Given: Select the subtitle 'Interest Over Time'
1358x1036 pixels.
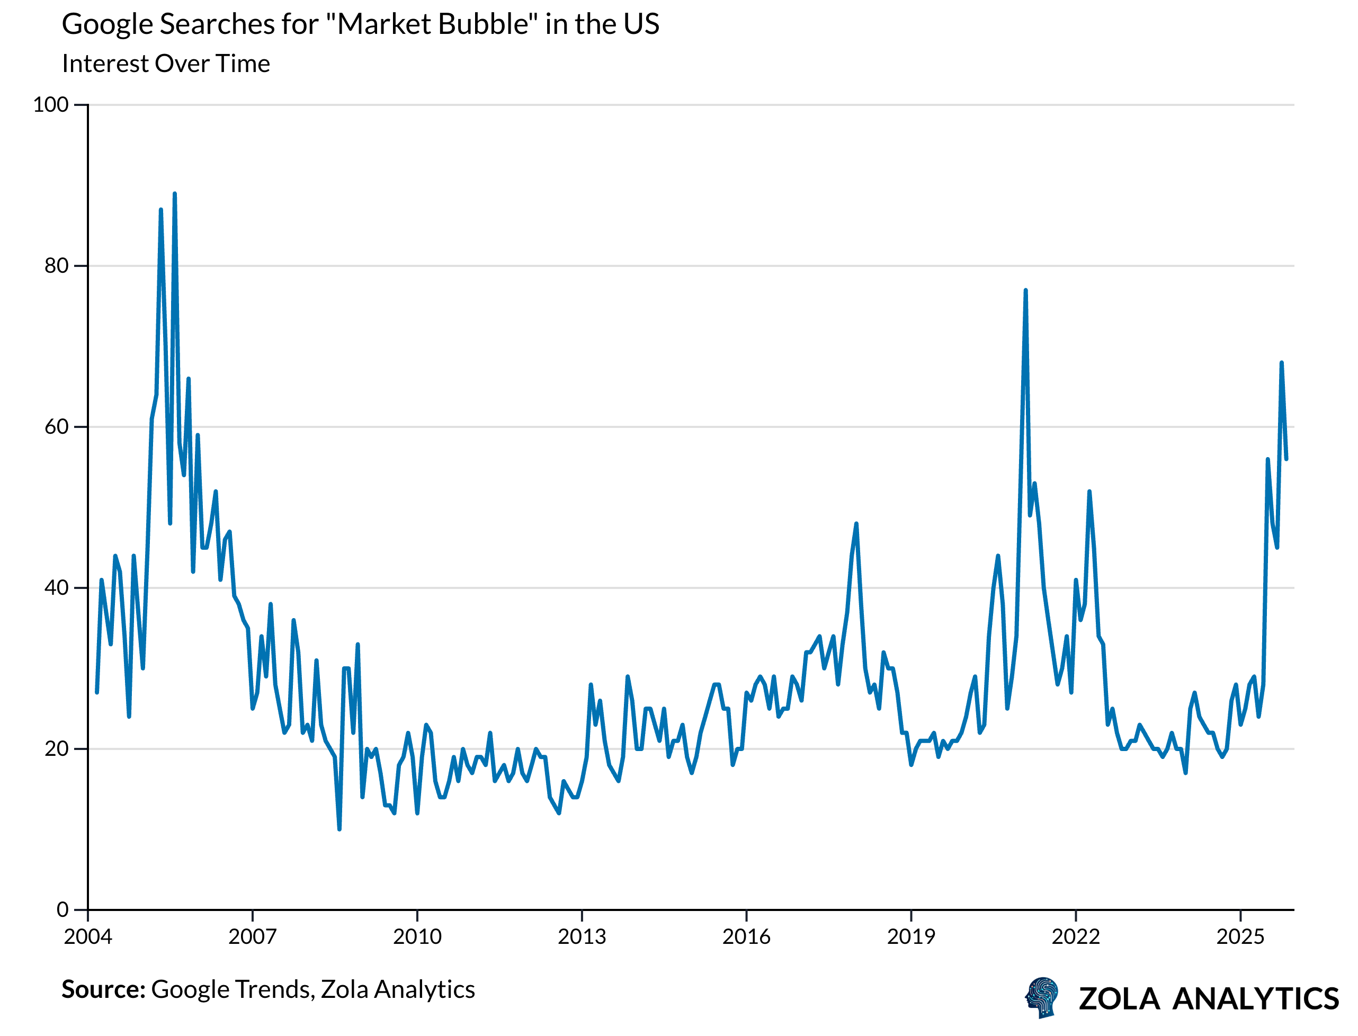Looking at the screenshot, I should tap(166, 64).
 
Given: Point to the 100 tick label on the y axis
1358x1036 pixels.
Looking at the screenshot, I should tap(50, 104).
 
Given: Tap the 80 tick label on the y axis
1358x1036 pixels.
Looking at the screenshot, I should tap(56, 266).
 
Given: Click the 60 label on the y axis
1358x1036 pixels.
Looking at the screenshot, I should tap(56, 427).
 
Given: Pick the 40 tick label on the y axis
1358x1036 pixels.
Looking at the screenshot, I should tap(56, 588).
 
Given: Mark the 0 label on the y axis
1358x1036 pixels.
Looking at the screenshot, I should tap(62, 909).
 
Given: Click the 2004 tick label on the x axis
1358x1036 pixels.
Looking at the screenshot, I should tap(88, 937).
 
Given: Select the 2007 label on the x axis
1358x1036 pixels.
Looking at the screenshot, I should tap(253, 937).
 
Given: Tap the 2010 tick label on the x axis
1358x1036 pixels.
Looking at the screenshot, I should tap(417, 937).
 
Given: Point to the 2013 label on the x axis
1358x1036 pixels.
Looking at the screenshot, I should tap(582, 937).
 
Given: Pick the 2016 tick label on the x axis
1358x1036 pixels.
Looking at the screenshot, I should tap(746, 937).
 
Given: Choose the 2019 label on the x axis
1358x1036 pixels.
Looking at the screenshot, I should tap(911, 937).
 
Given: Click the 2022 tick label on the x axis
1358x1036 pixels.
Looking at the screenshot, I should tap(1076, 937).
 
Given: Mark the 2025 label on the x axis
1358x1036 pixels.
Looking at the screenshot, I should tap(1240, 937).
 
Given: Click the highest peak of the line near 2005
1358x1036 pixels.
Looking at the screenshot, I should tap(175, 194).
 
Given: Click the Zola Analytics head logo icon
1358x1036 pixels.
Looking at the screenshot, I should tap(1042, 997).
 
